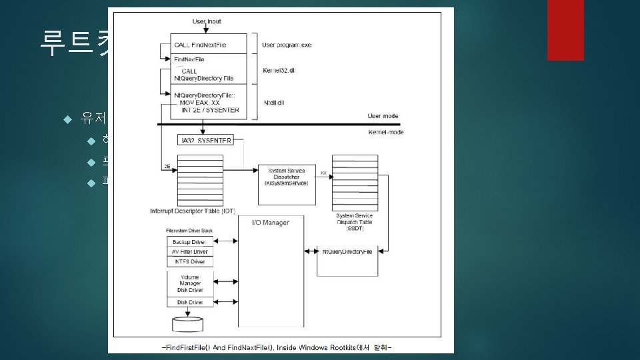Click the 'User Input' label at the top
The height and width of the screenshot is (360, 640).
pos(207,21)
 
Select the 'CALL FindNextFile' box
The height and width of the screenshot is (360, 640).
pos(209,45)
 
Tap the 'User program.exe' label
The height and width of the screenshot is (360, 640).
pos(286,45)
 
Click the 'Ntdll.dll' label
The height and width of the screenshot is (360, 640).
pos(273,103)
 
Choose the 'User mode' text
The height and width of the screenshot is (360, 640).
pos(383,116)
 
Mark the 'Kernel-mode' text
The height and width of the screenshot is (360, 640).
pos(385,132)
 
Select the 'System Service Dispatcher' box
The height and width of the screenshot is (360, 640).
pos(286,176)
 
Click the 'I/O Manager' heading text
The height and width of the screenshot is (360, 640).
pos(271,222)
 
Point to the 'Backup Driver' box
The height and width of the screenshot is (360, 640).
pos(189,241)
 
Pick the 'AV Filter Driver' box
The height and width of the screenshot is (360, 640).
pos(189,251)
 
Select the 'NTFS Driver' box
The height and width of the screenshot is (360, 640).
pos(189,261)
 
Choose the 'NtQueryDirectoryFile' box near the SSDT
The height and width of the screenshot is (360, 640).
pos(347,251)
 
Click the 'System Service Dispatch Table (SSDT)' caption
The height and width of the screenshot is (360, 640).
pos(354,221)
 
